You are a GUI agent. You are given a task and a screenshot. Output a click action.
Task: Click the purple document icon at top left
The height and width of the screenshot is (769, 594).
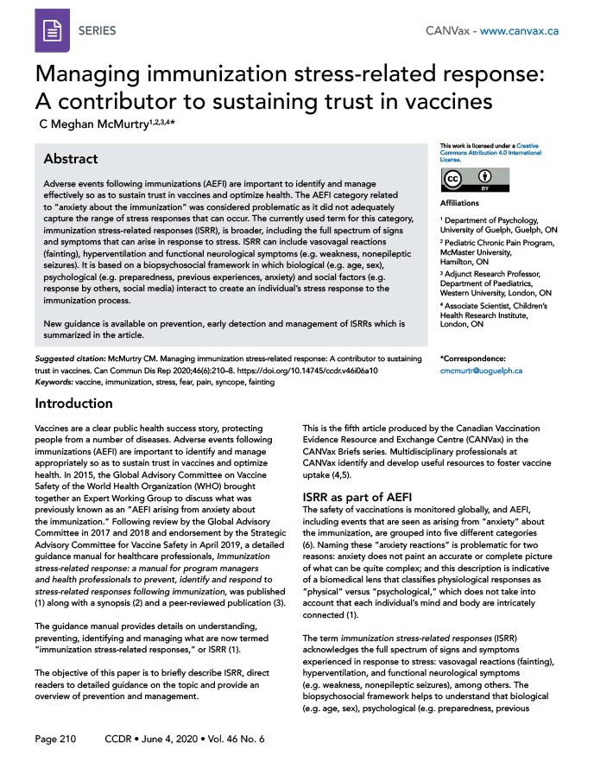tap(52, 30)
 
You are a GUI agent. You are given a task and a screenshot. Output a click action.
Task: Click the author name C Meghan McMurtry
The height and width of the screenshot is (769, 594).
tap(95, 124)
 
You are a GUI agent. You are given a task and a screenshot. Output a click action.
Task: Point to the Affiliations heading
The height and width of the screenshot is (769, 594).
tap(460, 204)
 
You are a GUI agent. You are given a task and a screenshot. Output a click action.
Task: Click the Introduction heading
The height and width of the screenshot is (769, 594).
tap(73, 404)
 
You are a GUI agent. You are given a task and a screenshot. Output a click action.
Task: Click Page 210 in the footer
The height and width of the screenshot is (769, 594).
tap(56, 740)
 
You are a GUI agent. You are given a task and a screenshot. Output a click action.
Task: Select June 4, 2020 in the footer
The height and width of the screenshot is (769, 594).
tap(171, 740)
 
